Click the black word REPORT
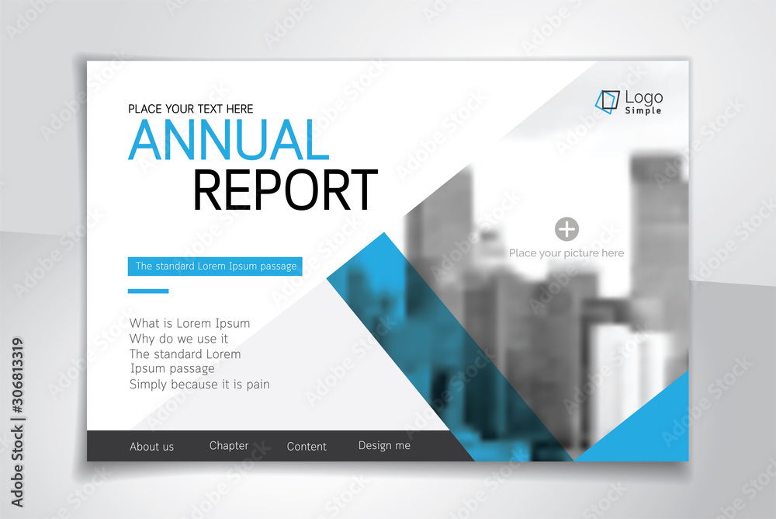click(285, 190)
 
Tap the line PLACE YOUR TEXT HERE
click(191, 109)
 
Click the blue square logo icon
click(608, 102)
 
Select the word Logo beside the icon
click(644, 97)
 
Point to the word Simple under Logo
click(643, 111)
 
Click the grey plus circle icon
click(566, 228)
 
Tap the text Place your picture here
click(566, 253)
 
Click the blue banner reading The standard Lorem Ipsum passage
click(215, 266)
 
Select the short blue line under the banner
click(147, 291)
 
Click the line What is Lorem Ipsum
click(189, 323)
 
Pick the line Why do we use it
click(178, 339)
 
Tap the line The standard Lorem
click(185, 354)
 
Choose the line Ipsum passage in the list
click(172, 368)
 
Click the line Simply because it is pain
click(199, 384)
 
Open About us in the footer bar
click(151, 447)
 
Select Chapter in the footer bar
click(229, 446)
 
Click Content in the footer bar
click(307, 447)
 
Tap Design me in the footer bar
click(384, 446)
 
